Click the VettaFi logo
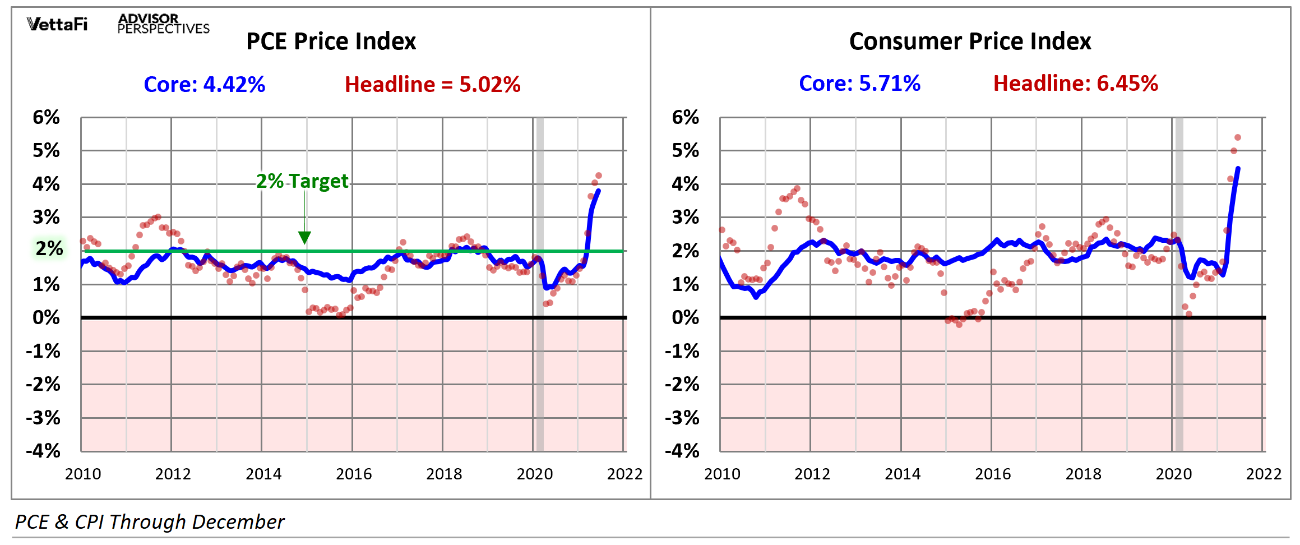(57, 24)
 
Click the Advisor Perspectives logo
(163, 24)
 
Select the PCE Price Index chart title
(331, 41)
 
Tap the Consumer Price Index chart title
(970, 41)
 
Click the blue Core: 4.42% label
(204, 85)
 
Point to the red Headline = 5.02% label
(432, 85)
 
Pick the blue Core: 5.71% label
(859, 84)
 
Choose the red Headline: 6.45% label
(1075, 84)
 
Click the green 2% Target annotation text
(302, 181)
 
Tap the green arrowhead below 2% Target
(304, 238)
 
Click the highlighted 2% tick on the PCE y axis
(49, 248)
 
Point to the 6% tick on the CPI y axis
(685, 117)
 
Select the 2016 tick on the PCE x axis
(354, 474)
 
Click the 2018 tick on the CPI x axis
(1083, 474)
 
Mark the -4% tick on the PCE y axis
(43, 451)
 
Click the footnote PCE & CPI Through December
(150, 522)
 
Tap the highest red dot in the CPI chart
(1238, 137)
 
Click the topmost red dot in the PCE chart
(599, 175)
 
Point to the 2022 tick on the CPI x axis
(1264, 474)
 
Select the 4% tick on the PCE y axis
(46, 184)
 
